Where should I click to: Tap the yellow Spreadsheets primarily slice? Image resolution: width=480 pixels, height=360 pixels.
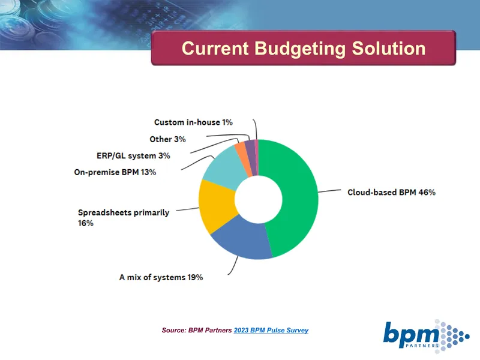[216, 206]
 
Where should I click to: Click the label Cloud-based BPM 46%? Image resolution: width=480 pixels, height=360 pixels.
[391, 192]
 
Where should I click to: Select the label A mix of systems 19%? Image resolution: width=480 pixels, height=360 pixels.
[161, 277]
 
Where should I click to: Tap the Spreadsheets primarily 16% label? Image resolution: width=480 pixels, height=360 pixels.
[124, 218]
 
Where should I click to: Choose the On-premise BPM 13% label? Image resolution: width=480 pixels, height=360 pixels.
[115, 172]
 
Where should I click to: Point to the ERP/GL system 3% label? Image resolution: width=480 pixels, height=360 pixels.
[133, 155]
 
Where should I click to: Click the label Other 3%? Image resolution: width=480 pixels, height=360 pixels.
[168, 139]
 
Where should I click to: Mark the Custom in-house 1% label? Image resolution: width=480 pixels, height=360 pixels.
[193, 122]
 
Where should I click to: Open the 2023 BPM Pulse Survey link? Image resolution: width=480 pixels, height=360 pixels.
[271, 331]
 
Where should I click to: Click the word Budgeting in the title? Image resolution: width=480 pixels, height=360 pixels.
[300, 49]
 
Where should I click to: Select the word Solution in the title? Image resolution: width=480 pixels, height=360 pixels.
[389, 49]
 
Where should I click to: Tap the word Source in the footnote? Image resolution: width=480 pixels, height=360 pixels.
[174, 331]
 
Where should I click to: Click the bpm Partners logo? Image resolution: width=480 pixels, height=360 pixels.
[426, 336]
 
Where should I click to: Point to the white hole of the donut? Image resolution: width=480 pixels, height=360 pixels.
[259, 199]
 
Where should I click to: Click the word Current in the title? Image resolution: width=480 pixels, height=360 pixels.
[215, 49]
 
